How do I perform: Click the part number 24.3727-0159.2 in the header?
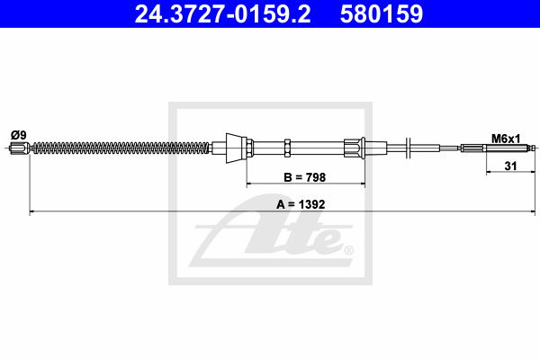(x=222, y=13)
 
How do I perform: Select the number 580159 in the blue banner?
(x=382, y=13)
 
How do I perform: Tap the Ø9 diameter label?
(x=19, y=135)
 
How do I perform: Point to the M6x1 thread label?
(x=506, y=139)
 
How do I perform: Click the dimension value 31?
(x=510, y=166)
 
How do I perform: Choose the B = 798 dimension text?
(x=305, y=177)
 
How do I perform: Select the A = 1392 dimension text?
(x=301, y=204)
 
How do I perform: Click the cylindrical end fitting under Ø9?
(x=20, y=148)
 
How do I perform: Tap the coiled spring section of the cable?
(x=121, y=148)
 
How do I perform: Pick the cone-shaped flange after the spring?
(x=236, y=148)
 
